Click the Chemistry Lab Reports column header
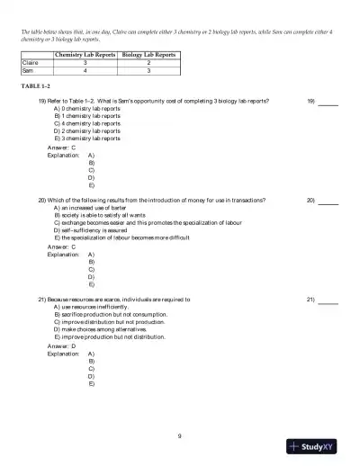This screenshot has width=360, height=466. (84, 56)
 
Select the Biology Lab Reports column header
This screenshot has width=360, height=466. (148, 56)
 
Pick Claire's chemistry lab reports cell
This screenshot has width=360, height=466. (84, 64)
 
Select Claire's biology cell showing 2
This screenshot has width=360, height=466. (148, 64)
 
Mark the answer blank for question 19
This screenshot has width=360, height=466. (328, 102)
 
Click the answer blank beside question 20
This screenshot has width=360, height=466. (328, 200)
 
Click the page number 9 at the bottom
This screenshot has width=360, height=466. (179, 436)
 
